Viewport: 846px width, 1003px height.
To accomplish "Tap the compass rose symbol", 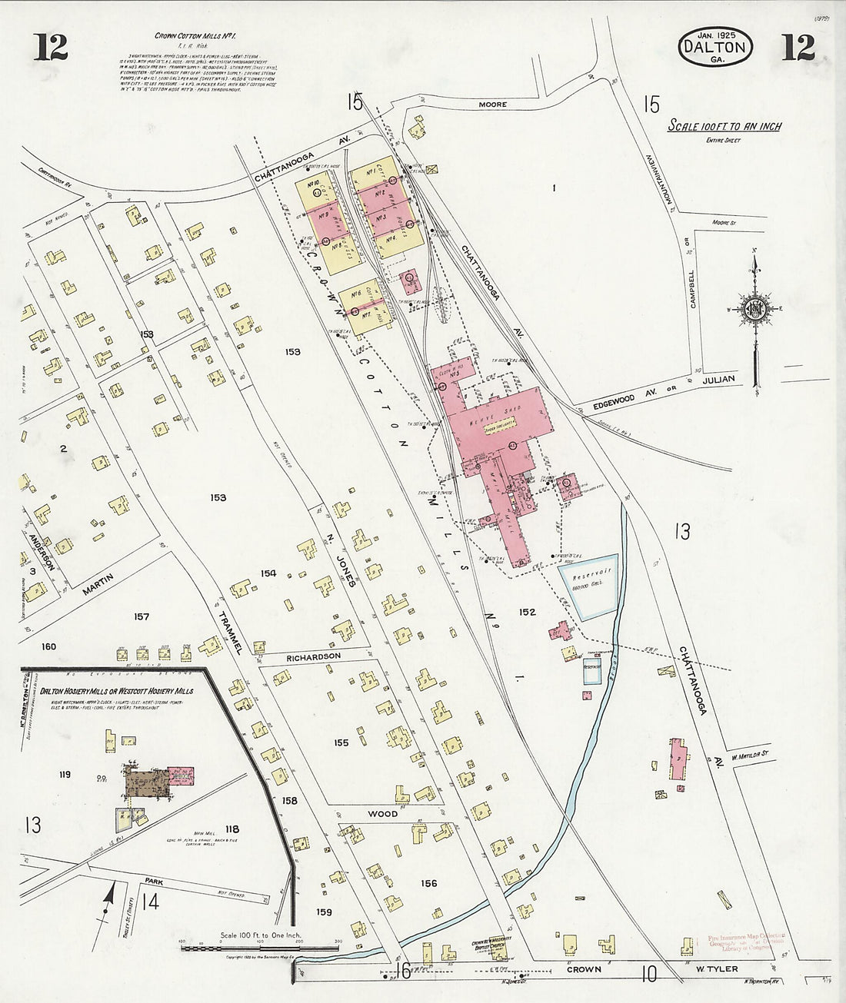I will [753, 309].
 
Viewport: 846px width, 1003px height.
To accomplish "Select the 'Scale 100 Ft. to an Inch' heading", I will [724, 126].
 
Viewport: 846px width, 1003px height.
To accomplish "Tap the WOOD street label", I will [382, 813].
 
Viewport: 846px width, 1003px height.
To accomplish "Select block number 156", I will [428, 883].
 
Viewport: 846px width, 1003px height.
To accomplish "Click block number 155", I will [341, 742].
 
